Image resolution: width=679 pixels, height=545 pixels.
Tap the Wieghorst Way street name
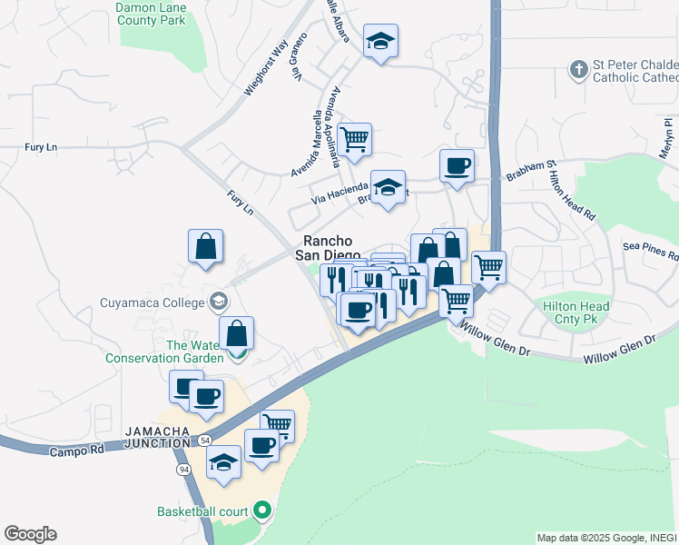tap(266, 66)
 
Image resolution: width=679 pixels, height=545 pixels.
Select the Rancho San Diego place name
tap(328, 248)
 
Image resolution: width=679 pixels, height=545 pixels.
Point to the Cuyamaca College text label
tap(153, 304)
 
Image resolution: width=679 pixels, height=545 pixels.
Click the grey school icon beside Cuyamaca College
tap(218, 301)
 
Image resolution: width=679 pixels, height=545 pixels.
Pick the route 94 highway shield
tap(184, 469)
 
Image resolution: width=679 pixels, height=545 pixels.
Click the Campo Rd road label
tap(79, 451)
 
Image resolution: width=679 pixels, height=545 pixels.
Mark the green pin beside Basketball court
tap(263, 510)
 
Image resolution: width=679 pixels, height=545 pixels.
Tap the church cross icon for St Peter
tap(577, 68)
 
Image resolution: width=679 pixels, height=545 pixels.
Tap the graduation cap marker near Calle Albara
tap(381, 40)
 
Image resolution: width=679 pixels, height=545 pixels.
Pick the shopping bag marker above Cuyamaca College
tap(206, 246)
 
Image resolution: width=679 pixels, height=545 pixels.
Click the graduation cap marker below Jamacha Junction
tap(223, 462)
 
